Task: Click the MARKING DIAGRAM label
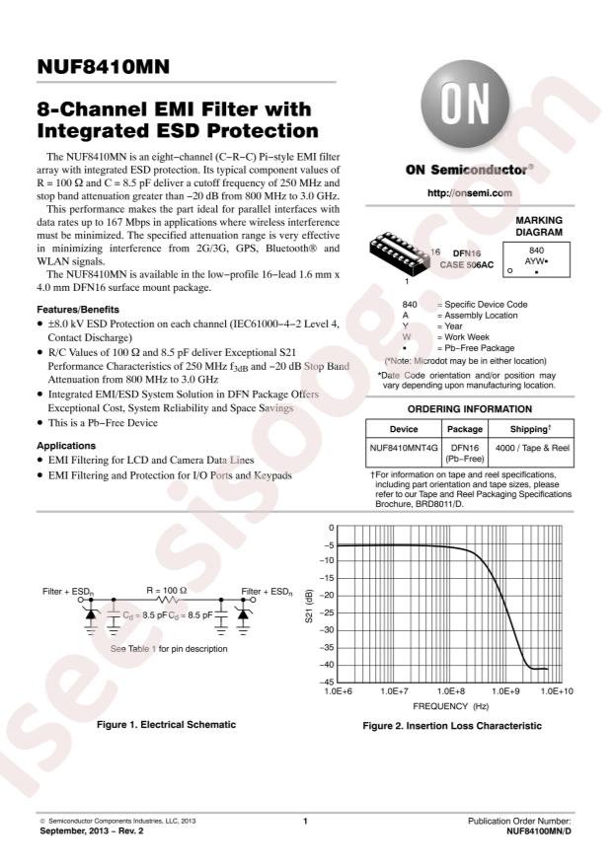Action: pos(538,226)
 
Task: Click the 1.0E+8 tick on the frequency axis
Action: pos(451,692)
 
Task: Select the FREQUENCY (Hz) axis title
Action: pos(450,707)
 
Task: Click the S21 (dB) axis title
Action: pos(309,604)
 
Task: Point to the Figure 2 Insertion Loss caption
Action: pos(451,726)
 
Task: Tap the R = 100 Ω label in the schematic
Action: pos(167,588)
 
